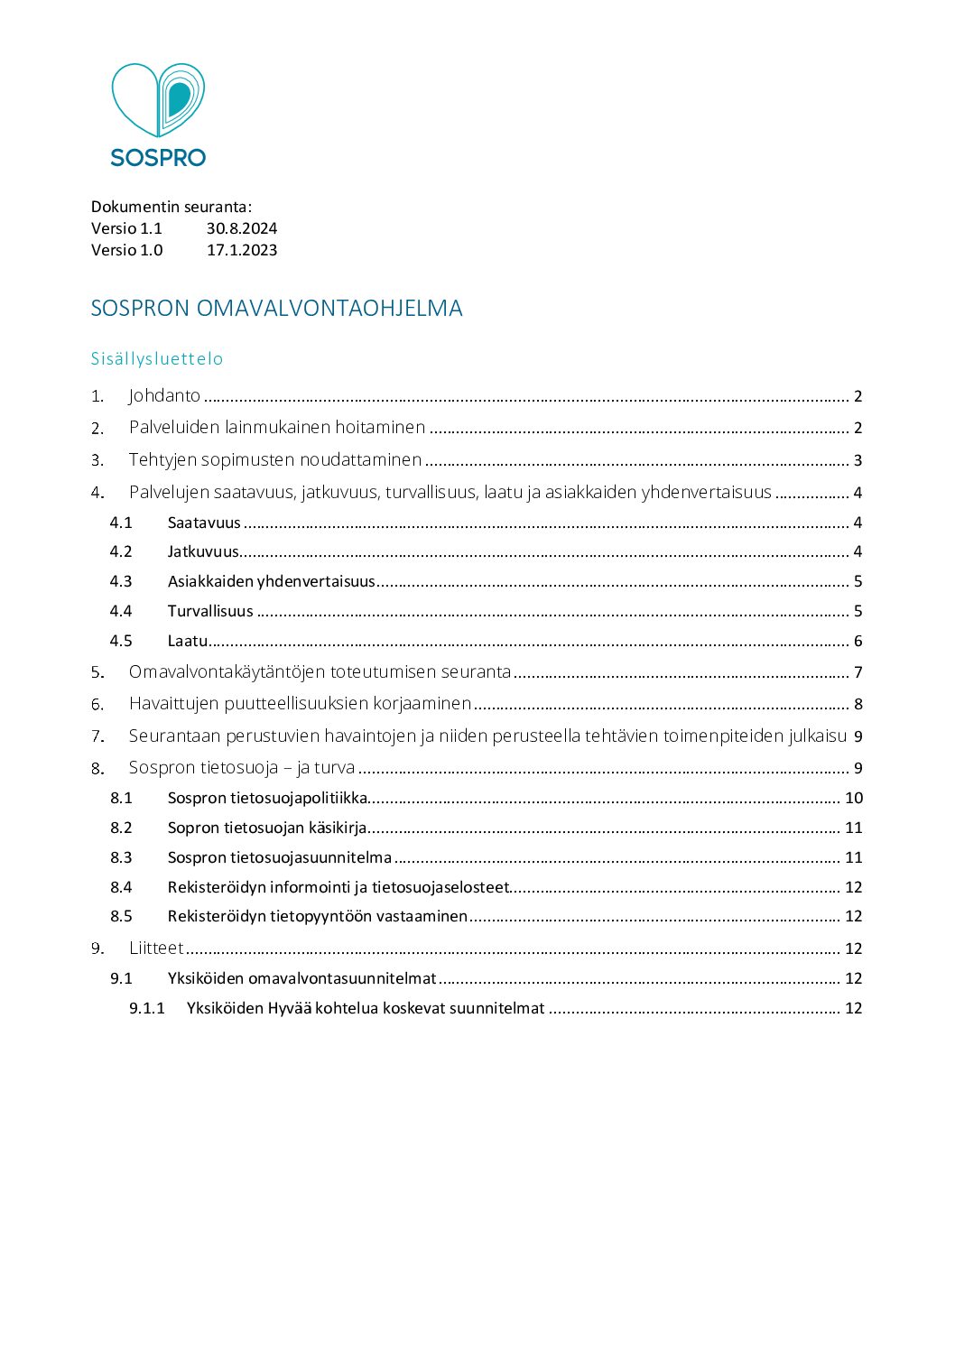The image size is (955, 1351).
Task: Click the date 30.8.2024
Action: [x=241, y=228]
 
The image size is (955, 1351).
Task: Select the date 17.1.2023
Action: [x=241, y=250]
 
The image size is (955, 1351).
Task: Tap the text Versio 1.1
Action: [x=126, y=228]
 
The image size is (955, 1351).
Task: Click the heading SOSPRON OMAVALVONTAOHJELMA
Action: [x=276, y=309]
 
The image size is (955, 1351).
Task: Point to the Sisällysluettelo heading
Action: [x=157, y=358]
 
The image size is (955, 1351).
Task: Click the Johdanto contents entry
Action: [x=164, y=395]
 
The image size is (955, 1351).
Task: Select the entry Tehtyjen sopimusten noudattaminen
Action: [x=275, y=459]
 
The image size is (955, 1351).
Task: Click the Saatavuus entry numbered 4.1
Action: [x=204, y=523]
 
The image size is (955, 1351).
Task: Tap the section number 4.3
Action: [x=121, y=581]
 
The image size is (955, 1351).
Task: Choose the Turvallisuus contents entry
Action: [x=210, y=611]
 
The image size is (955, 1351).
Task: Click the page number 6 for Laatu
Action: [x=858, y=641]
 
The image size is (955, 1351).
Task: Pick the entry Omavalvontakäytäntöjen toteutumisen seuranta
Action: [x=320, y=671]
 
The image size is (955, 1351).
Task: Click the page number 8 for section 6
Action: [x=858, y=704]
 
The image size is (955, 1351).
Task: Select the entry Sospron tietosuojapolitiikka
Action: [x=267, y=798]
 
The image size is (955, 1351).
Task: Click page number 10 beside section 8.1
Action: [x=853, y=798]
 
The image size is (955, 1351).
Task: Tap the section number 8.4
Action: [x=121, y=887]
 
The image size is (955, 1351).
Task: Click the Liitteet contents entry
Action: [x=156, y=948]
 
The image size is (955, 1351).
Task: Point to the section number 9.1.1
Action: [x=147, y=1008]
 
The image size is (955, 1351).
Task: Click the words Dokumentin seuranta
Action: [x=172, y=207]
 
